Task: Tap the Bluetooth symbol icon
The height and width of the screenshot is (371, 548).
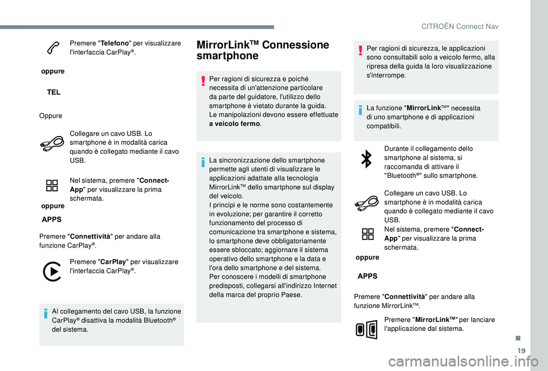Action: [x=366, y=161]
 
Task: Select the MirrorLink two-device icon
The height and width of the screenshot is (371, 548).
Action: [x=366, y=330]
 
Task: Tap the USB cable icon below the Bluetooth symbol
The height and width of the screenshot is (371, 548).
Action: [x=366, y=202]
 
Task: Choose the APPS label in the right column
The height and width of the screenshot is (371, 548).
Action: [x=366, y=276]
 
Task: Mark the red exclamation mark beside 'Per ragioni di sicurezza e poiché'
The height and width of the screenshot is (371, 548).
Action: [x=203, y=80]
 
